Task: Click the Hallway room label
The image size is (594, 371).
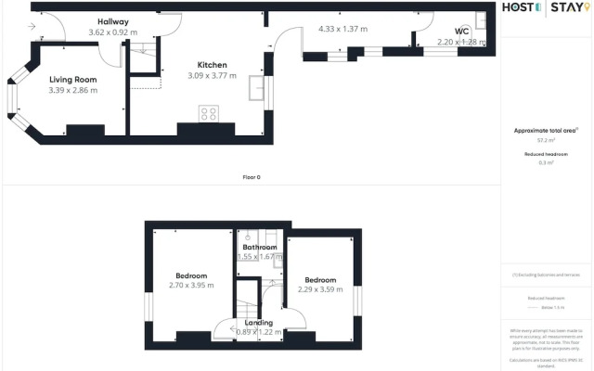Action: pyautogui.click(x=109, y=21)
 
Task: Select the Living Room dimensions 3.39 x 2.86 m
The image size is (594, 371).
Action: pyautogui.click(x=73, y=91)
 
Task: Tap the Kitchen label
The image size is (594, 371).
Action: pyautogui.click(x=212, y=65)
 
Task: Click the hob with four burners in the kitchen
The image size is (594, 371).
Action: pyautogui.click(x=209, y=115)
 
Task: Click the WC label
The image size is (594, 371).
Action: pyautogui.click(x=461, y=31)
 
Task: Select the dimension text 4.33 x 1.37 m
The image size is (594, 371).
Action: pyautogui.click(x=342, y=29)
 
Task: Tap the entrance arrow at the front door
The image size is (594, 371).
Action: pyautogui.click(x=34, y=27)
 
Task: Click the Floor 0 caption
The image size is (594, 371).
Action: pyautogui.click(x=250, y=177)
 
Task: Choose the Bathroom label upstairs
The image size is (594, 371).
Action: pyautogui.click(x=260, y=248)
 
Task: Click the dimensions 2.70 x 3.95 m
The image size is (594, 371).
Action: pyautogui.click(x=191, y=286)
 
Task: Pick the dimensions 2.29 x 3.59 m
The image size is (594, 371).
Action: pyautogui.click(x=320, y=289)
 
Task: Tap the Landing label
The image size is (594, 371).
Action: pyautogui.click(x=259, y=323)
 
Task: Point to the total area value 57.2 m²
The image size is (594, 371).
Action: pyautogui.click(x=546, y=141)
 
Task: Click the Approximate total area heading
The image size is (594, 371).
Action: pyautogui.click(x=546, y=131)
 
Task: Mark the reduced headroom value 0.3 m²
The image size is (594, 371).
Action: pyautogui.click(x=546, y=162)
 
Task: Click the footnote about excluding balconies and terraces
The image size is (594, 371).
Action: pyautogui.click(x=546, y=275)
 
